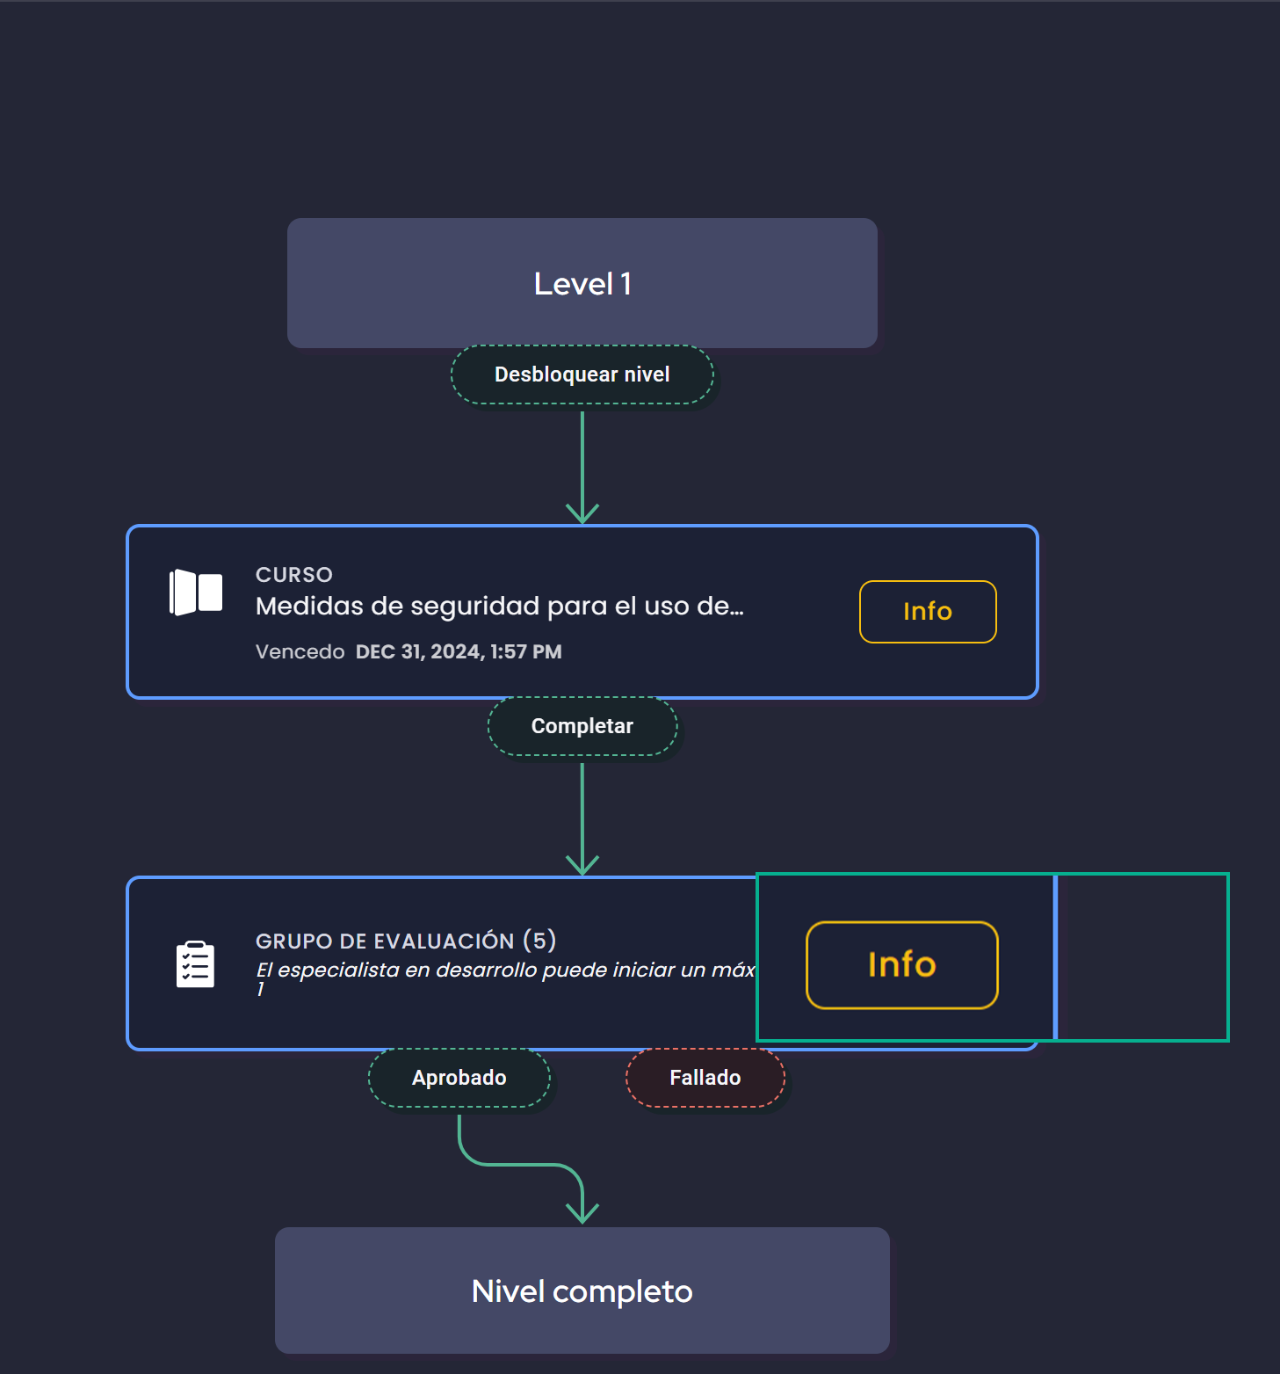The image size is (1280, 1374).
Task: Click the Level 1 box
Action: [x=582, y=283]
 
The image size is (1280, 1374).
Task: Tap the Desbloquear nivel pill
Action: [x=582, y=374]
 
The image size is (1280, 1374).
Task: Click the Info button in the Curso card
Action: [x=927, y=611]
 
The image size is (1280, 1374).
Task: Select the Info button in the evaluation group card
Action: [x=901, y=964]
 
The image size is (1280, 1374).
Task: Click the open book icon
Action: [x=195, y=592]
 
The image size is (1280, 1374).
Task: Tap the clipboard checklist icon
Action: [x=195, y=964]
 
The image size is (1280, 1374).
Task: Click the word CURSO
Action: [x=293, y=575]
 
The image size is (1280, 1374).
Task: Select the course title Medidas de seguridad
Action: [x=498, y=607]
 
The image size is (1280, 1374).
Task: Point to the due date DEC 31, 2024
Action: [x=458, y=652]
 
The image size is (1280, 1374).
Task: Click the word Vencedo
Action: [x=300, y=652]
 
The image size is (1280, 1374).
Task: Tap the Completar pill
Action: [x=582, y=726]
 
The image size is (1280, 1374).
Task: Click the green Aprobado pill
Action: [x=459, y=1078]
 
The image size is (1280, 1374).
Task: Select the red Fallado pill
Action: [x=705, y=1078]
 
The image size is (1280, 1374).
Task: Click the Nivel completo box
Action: [x=582, y=1290]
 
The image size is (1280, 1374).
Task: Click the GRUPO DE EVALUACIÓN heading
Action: [x=385, y=941]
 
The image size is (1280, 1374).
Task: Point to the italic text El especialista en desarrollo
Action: [x=504, y=970]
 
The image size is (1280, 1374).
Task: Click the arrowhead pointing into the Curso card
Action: [x=582, y=513]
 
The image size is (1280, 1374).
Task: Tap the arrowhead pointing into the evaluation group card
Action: [x=582, y=865]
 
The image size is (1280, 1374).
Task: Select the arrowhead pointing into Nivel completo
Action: [x=582, y=1214]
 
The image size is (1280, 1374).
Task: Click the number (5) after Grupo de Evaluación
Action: [x=539, y=941]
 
